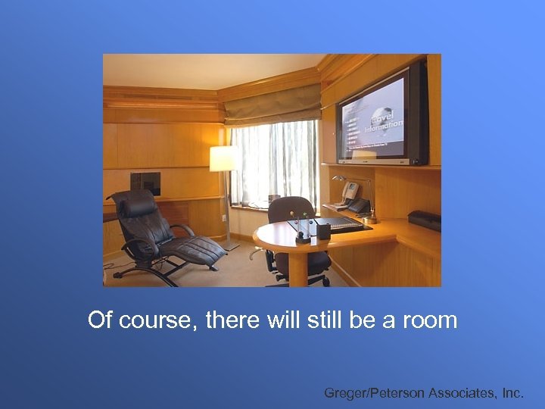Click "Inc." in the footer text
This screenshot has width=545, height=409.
[x=512, y=393]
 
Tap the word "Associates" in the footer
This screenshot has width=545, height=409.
[x=461, y=393]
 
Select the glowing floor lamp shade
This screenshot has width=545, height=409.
[x=224, y=158]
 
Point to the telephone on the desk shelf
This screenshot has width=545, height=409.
[x=350, y=194]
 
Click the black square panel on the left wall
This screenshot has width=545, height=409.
[x=145, y=183]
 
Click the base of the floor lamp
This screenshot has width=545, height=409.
[x=230, y=246]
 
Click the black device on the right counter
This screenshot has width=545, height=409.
[x=424, y=220]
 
